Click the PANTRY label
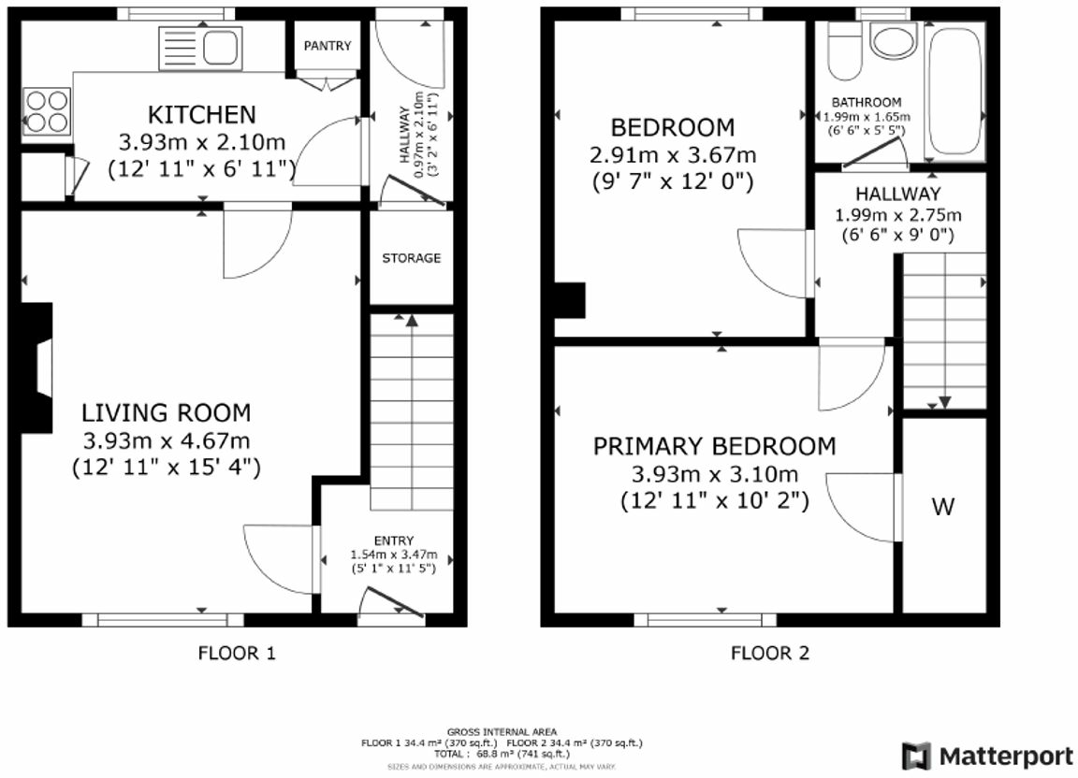(x=328, y=46)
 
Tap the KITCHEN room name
(x=202, y=114)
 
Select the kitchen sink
(x=201, y=48)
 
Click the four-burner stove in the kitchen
(x=47, y=111)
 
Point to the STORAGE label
(x=411, y=258)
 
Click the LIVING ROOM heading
(x=167, y=412)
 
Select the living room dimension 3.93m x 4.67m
(x=167, y=440)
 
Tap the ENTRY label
(x=394, y=540)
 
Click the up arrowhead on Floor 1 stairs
(x=411, y=321)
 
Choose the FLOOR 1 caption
(x=237, y=653)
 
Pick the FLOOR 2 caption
(x=770, y=653)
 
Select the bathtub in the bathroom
(x=954, y=91)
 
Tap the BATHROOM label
(x=867, y=103)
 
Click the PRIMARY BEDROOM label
(x=714, y=447)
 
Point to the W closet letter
(x=943, y=507)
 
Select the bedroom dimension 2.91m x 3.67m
(x=673, y=155)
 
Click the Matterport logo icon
(x=916, y=756)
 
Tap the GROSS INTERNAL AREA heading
(x=502, y=732)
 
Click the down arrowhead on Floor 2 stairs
(x=944, y=402)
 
